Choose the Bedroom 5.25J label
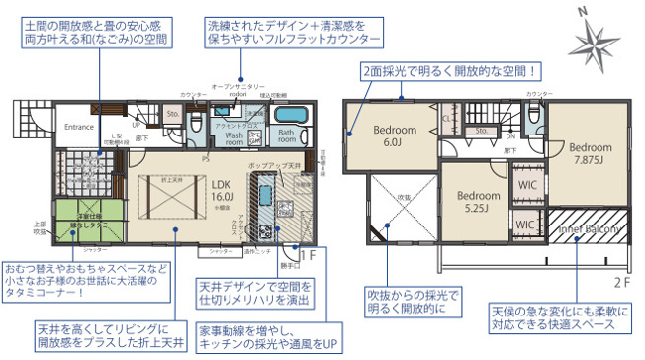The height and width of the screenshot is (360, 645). tap(478, 202)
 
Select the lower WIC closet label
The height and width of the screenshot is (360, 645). tap(526, 225)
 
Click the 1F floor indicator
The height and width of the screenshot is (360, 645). tap(306, 254)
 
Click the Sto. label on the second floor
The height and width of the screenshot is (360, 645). tap(483, 130)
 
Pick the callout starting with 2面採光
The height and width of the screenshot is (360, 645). tap(451, 71)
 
